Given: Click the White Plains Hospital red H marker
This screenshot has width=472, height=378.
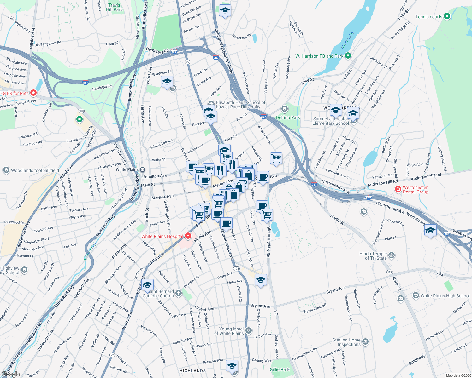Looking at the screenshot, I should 188,236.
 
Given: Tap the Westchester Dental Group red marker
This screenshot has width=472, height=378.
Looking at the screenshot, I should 398,189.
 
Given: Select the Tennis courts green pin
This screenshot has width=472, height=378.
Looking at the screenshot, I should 447,17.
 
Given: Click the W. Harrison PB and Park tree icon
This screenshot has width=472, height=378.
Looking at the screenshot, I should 348,56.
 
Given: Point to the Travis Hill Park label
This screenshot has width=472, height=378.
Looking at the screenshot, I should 114,7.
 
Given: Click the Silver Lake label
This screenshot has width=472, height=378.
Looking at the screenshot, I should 347,40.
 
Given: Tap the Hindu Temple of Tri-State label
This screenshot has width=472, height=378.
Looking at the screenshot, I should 373,256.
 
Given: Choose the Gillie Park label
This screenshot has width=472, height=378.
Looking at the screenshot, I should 280,369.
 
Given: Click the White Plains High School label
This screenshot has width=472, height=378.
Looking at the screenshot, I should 445,296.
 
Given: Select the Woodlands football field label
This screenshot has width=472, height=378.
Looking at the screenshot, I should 35,170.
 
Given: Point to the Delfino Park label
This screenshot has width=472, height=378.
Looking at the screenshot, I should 288,117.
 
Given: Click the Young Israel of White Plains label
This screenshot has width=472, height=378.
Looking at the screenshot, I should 229,331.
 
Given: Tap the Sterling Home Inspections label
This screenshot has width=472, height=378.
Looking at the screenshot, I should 346,342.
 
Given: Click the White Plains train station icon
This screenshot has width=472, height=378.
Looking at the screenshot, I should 143,169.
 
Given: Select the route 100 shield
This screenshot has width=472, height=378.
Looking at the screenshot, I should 81,111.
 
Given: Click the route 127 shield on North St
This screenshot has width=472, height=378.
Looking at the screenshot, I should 390,272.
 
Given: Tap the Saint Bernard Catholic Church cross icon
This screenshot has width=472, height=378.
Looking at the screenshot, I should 179,293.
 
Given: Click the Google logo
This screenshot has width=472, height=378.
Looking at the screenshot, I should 11,374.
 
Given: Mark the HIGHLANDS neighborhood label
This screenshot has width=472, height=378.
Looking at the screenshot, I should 192,371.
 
